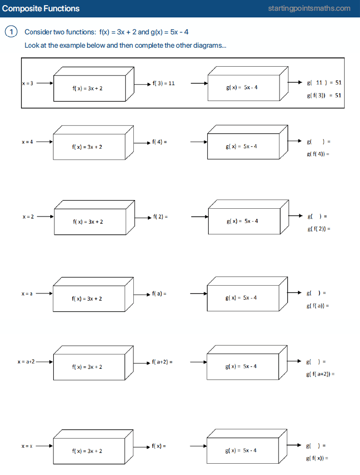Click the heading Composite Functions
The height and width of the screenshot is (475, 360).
(41, 8)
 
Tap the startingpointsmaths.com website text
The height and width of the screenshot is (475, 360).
(309, 8)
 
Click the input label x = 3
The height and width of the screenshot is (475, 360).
(28, 83)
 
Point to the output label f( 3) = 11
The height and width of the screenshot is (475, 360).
(164, 83)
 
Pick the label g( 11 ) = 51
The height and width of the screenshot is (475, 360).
(324, 82)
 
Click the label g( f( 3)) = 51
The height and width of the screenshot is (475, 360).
(324, 95)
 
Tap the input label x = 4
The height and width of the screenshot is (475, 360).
(27, 142)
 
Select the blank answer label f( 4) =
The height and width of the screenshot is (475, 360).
(159, 141)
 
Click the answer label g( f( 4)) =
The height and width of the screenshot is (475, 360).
(317, 154)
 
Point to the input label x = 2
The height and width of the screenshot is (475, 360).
(28, 216)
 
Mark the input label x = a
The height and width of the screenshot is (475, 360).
(27, 294)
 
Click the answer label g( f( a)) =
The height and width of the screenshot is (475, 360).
(317, 306)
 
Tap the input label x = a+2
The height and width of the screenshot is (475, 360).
(26, 362)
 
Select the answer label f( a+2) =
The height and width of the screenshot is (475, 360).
(162, 362)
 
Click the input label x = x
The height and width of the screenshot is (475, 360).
(27, 446)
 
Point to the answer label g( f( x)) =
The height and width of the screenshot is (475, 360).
(317, 458)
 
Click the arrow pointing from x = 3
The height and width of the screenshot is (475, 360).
(45, 83)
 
